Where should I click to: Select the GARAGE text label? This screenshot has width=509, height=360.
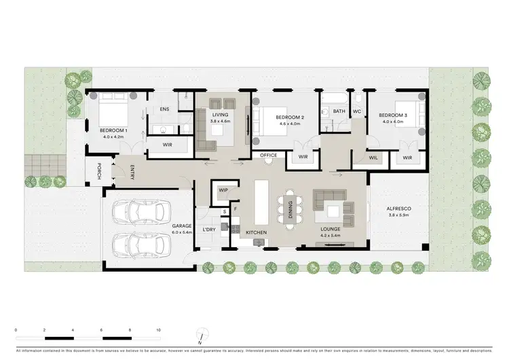(x=181, y=226)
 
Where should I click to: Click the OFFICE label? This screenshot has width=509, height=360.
(x=269, y=156)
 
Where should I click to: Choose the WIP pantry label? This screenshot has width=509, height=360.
(x=223, y=190)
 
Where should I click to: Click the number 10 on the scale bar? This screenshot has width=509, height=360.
(x=158, y=329)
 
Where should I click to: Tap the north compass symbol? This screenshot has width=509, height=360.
(x=202, y=335)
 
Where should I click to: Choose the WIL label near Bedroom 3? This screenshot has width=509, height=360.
(x=373, y=158)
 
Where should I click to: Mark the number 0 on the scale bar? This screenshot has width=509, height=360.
(x=16, y=329)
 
